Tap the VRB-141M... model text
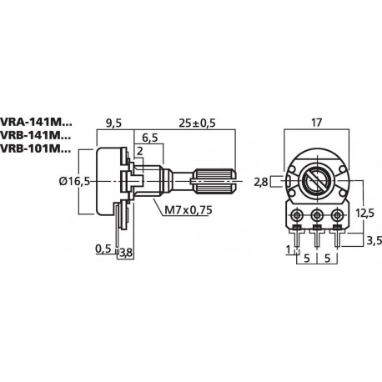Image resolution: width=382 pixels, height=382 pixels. (37, 135)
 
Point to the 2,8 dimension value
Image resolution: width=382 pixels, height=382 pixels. (261, 180)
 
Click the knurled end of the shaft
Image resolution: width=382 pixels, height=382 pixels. (214, 178)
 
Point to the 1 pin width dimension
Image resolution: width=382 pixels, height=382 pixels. (287, 250)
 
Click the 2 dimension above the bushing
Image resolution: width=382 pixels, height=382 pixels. (138, 151)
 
